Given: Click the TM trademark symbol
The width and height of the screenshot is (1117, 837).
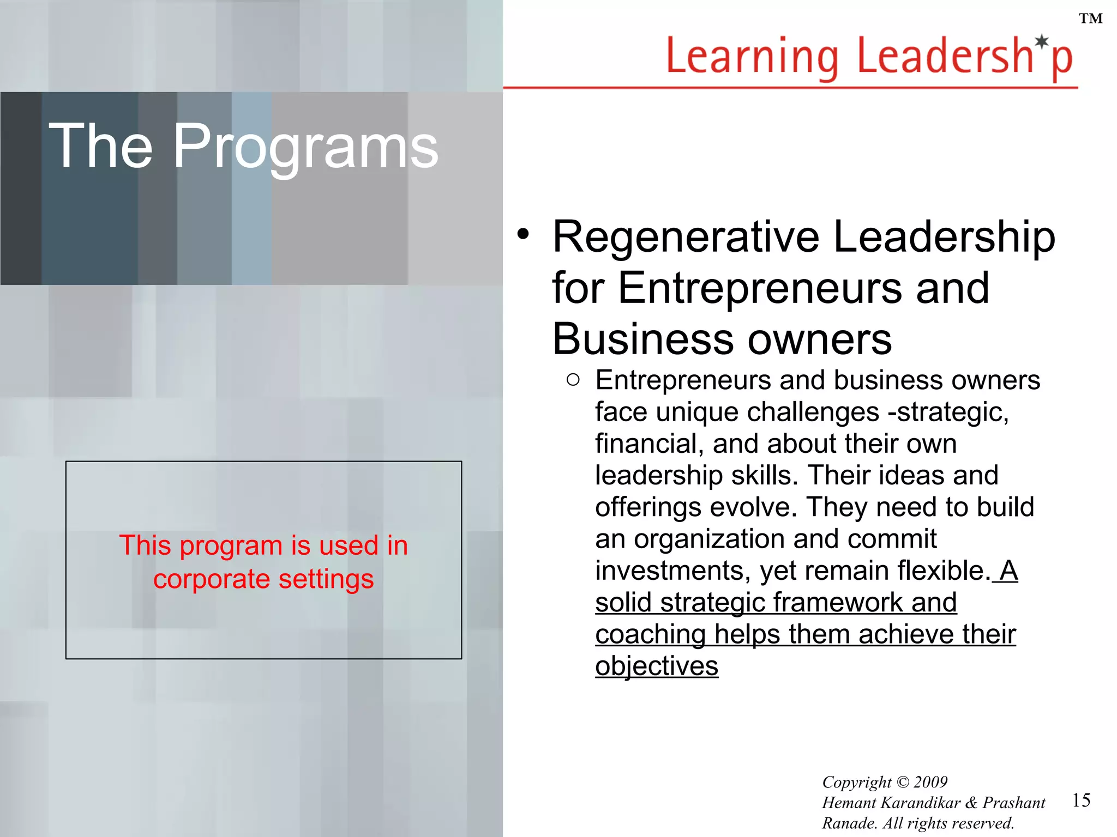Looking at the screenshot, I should (x=1090, y=19).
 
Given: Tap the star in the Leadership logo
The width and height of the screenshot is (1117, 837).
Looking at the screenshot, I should (x=1042, y=41).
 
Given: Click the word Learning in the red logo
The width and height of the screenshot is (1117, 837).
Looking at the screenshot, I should (x=753, y=57).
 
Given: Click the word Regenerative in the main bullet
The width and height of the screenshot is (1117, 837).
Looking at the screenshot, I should (x=686, y=237).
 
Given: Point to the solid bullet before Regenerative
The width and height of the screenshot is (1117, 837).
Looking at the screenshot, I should (x=523, y=234).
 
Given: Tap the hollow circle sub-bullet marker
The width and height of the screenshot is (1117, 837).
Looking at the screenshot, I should (x=573, y=380).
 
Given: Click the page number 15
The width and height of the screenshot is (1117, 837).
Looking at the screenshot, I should (x=1081, y=800).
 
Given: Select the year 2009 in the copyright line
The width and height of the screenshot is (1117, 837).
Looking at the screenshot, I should (x=930, y=782).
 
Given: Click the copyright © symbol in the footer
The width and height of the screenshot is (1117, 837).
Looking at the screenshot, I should (x=903, y=782).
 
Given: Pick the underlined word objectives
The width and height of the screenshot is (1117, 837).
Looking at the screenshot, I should (x=657, y=666).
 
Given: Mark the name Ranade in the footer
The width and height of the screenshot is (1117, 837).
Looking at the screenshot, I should (x=846, y=823).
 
